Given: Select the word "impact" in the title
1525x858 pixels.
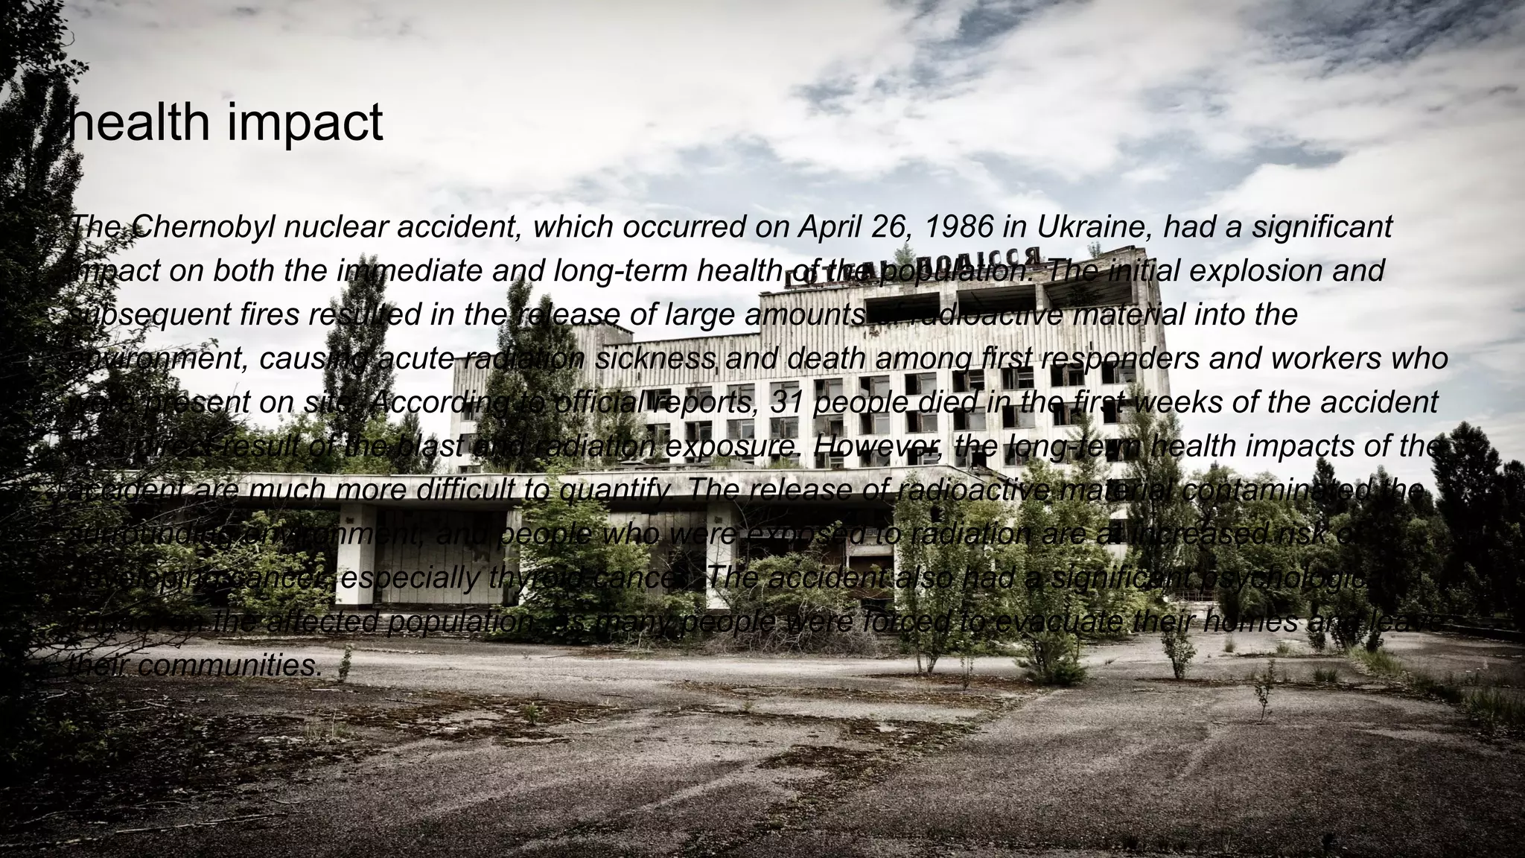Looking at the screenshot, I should coord(305,123).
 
